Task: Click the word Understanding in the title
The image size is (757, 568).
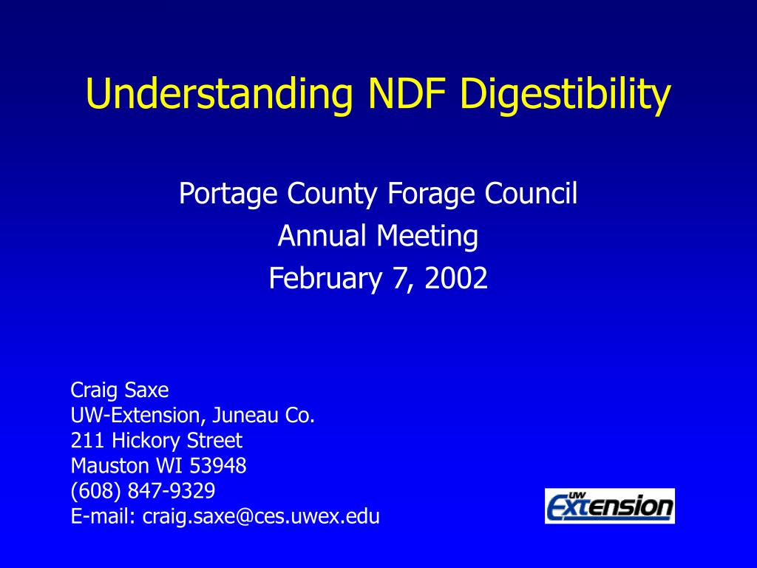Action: click(220, 94)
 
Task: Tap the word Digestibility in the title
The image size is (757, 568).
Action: click(566, 94)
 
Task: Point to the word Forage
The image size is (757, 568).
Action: click(431, 195)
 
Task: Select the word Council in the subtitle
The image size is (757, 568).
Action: click(531, 193)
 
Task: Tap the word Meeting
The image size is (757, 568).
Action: click(427, 237)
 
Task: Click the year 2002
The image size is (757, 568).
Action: click(455, 278)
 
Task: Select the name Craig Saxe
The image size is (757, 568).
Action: click(120, 390)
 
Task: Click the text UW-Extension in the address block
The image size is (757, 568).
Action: click(136, 416)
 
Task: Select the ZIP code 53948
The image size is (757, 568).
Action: click(218, 466)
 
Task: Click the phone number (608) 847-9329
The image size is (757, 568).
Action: click(143, 491)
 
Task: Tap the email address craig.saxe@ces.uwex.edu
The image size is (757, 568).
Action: click(261, 516)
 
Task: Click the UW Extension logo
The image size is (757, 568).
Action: click(610, 506)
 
